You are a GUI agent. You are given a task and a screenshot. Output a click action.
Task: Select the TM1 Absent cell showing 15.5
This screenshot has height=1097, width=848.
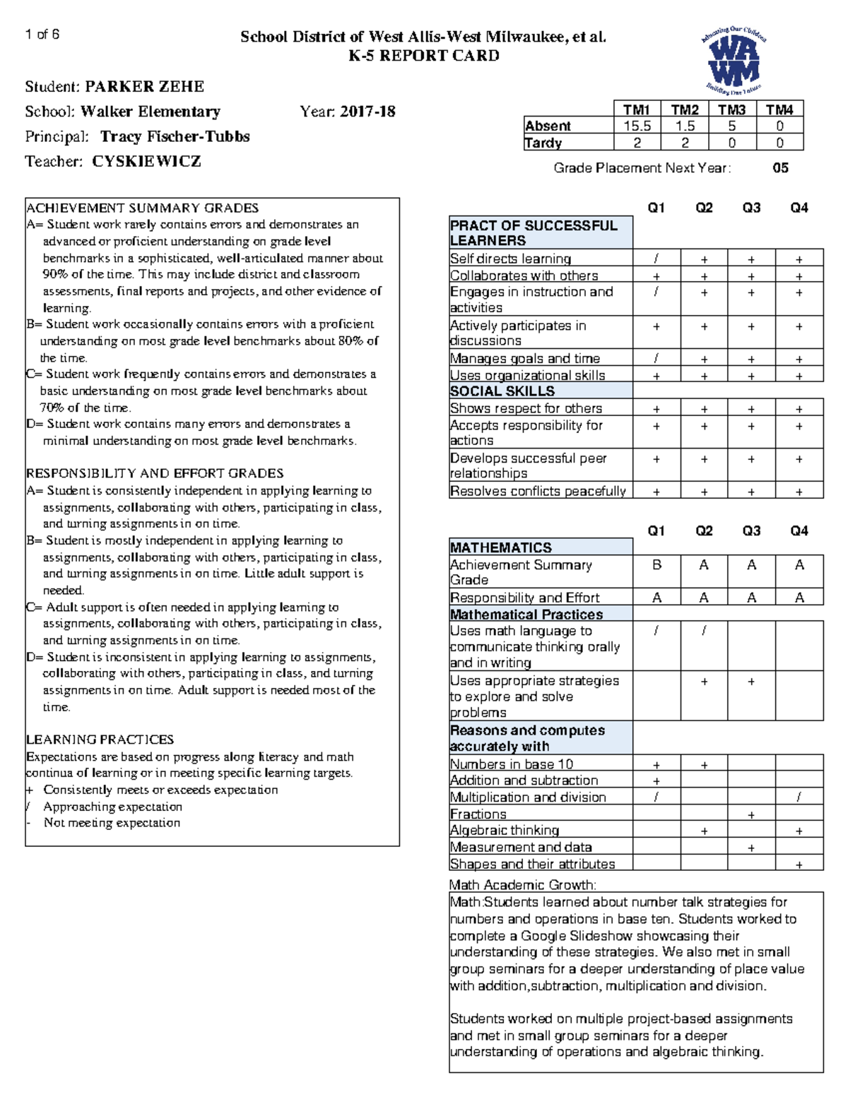click(637, 126)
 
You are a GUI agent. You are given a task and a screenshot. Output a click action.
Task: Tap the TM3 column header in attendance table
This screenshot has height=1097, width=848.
click(731, 109)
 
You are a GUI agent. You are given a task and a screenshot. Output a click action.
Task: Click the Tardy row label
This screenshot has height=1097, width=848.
click(543, 143)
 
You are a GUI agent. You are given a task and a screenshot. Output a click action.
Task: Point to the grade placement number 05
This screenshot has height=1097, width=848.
click(780, 168)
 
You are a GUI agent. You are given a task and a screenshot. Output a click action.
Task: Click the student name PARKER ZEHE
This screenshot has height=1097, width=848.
click(144, 87)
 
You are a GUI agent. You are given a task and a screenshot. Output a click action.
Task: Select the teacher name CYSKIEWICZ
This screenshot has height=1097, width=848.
click(146, 162)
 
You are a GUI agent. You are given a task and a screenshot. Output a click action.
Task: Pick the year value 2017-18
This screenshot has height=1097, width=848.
click(367, 112)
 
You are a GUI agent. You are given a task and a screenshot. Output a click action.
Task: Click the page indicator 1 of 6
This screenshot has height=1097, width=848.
click(42, 35)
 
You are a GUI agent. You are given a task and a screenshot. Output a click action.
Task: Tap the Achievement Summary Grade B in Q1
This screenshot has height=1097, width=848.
click(656, 565)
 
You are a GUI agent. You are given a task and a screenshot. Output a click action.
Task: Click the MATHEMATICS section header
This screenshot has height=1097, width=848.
click(500, 547)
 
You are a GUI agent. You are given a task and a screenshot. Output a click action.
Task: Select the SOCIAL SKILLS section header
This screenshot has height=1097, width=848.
click(502, 391)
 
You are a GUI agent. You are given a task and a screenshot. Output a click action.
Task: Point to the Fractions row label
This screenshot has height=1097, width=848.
click(478, 814)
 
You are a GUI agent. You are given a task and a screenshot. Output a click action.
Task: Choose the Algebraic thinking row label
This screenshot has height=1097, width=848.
click(505, 830)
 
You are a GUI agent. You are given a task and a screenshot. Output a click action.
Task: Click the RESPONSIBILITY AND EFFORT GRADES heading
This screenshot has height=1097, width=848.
click(155, 473)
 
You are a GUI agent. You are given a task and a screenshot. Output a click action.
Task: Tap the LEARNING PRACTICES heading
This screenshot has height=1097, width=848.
click(100, 740)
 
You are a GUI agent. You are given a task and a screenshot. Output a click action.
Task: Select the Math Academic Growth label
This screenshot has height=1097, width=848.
click(522, 884)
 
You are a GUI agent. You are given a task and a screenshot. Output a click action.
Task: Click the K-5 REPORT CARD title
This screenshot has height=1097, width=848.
click(424, 56)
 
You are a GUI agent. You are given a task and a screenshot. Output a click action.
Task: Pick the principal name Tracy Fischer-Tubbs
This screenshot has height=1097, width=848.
click(175, 136)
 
